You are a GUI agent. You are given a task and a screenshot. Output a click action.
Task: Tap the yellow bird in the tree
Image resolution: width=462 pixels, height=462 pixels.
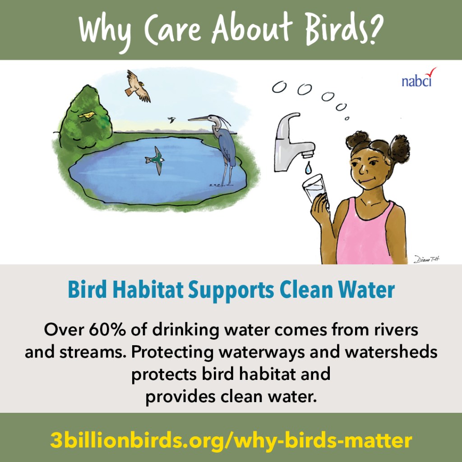tap(87, 115)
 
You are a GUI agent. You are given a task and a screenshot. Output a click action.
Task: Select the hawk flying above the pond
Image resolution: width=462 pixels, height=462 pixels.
tap(137, 86)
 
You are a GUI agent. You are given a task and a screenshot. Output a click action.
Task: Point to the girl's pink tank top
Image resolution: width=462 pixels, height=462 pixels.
tap(365, 233)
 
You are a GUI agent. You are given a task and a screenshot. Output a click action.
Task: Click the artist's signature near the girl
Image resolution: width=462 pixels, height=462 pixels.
tap(426, 259)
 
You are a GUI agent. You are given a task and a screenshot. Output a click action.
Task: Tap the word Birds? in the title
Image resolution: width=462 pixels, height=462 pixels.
tap(344, 29)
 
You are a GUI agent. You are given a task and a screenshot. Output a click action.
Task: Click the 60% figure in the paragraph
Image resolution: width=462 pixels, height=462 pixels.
tap(107, 329)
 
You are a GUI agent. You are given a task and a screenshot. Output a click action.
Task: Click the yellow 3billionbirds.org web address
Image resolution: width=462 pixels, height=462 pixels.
tap(231, 440)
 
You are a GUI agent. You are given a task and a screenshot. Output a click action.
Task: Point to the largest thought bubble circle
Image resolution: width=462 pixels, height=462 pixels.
tap(305, 89)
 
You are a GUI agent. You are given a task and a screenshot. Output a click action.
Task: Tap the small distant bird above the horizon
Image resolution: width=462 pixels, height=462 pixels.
tap(171, 120)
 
